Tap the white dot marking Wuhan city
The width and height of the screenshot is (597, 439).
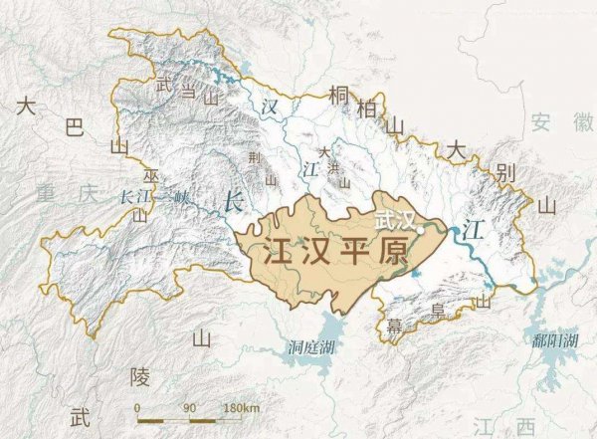point(422,228)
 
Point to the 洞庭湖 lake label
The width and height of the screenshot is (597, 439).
point(313,347)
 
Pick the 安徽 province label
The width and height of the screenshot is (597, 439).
point(554,123)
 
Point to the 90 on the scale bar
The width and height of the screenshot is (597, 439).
point(189,409)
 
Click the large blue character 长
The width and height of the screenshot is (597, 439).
point(235,200)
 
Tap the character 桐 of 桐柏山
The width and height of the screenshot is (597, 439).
point(338,97)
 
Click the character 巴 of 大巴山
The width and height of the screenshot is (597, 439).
point(74,127)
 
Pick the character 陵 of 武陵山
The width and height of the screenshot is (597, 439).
point(139,376)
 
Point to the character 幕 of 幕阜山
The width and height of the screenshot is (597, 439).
point(395,326)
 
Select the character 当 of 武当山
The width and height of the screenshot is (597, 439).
point(186,92)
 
